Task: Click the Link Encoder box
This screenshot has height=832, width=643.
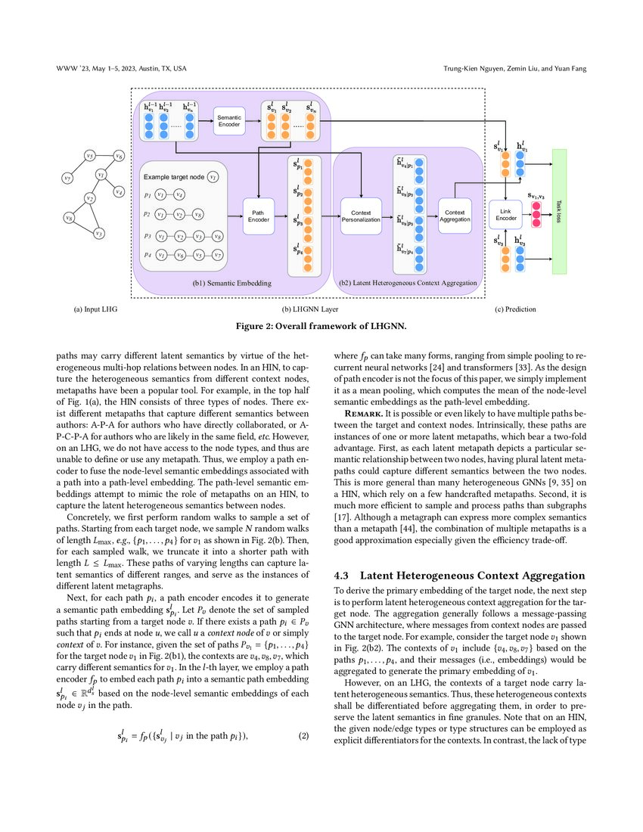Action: (x=506, y=215)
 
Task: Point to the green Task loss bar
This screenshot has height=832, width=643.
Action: (x=559, y=211)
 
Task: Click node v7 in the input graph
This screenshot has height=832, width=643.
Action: (x=67, y=179)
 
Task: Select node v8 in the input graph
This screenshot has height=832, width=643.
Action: (x=70, y=219)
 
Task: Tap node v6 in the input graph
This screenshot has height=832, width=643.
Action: (x=119, y=157)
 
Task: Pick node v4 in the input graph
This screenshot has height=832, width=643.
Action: (x=119, y=193)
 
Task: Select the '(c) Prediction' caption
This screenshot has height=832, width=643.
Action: (x=515, y=309)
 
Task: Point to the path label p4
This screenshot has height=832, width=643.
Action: (x=148, y=256)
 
